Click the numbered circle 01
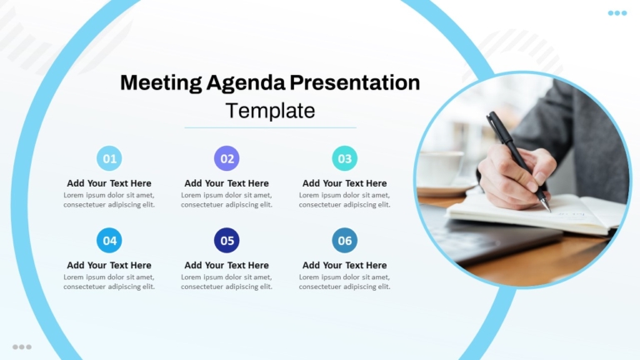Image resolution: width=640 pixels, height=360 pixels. [109, 158]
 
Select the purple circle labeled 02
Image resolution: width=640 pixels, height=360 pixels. [227, 158]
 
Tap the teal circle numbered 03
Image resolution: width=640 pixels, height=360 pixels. [344, 158]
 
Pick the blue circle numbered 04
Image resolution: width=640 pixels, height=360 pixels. [109, 240]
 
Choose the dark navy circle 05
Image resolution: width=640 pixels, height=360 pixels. [227, 240]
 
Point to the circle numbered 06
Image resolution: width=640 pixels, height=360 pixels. [344, 240]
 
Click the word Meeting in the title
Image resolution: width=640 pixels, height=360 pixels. [161, 83]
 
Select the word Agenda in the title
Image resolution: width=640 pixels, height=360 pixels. [246, 83]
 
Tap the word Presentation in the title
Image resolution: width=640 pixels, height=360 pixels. [355, 82]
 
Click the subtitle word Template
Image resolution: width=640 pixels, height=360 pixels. [270, 111]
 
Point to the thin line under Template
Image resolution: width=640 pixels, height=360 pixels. [270, 127]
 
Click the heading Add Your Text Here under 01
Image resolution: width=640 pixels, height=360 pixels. [109, 183]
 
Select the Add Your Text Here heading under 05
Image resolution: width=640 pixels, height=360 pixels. [227, 265]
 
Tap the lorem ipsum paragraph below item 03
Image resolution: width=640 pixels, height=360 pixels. [344, 200]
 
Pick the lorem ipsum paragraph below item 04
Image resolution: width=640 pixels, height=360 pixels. [109, 282]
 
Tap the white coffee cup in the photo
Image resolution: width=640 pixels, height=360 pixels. [441, 168]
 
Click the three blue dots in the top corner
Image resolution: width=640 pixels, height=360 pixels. [617, 13]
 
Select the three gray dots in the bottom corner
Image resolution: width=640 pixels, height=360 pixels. [22, 347]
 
